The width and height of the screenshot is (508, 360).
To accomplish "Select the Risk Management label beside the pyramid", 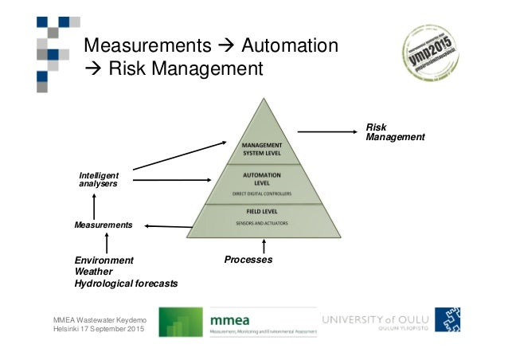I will coord(394,132).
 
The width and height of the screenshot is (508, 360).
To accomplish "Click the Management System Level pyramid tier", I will coord(264,149).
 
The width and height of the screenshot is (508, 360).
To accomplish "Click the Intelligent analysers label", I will coord(99,179).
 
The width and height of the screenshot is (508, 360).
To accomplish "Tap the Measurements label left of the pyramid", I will coord(98,225).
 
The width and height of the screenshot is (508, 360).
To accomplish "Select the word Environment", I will coord(104,260).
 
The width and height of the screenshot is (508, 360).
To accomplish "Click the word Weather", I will coord(93,272).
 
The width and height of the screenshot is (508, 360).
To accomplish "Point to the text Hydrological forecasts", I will coord(126,284).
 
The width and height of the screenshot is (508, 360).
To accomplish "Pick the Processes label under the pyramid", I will coord(248,260).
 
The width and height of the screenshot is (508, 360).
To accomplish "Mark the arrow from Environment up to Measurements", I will coord(105,243).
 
